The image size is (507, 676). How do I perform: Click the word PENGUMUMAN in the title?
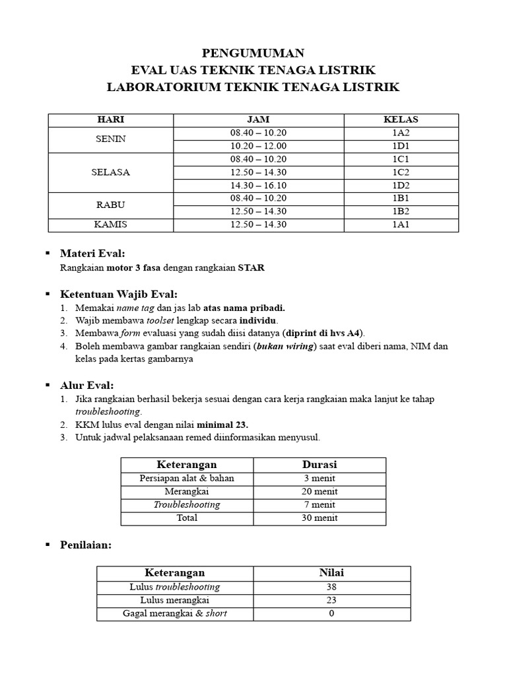[x=253, y=53]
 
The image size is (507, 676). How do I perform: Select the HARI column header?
[x=111, y=119]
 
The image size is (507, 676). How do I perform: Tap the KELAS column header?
[x=401, y=119]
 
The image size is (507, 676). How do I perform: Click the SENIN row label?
[x=111, y=139]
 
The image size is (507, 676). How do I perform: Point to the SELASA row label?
[x=111, y=172]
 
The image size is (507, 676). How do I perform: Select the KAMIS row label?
[x=111, y=225]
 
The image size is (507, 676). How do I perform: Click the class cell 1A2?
[x=401, y=133]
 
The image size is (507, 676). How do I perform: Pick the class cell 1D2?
[x=401, y=186]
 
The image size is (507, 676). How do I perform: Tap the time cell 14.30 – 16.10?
[x=259, y=186]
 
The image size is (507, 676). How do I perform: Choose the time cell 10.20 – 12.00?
[x=259, y=146]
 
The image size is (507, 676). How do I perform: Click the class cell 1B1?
[x=401, y=199]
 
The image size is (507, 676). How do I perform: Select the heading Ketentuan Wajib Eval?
[x=119, y=294]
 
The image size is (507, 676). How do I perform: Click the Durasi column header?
[x=320, y=465]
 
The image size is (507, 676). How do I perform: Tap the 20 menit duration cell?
[x=320, y=491]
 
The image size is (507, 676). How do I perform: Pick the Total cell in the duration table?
[x=187, y=518]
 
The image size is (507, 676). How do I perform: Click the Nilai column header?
[x=331, y=573]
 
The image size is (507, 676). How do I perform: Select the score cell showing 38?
[x=331, y=587]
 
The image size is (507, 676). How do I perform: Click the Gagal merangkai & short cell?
[x=175, y=613]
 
